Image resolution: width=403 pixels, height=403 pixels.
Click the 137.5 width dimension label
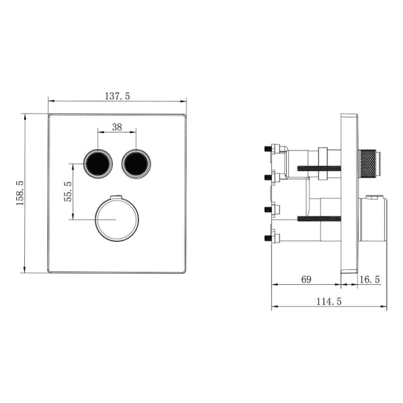click(118, 96)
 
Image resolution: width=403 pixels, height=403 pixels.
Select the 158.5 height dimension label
click(19, 193)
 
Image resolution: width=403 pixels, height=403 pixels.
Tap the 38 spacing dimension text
click(118, 126)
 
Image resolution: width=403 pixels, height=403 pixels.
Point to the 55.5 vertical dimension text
click(66, 191)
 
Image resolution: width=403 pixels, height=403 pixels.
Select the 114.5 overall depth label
click(329, 302)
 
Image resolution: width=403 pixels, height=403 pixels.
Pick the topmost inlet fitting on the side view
click(273, 148)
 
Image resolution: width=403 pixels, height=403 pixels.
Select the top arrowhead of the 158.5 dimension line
click(26, 116)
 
